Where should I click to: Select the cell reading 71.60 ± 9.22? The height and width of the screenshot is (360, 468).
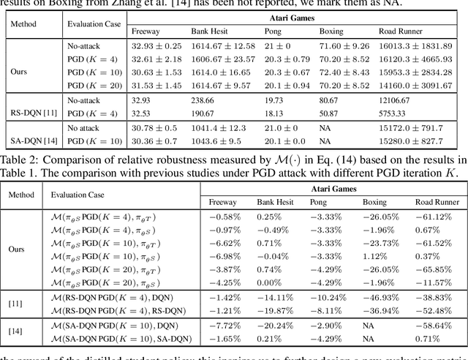pyautogui.click(x=341, y=45)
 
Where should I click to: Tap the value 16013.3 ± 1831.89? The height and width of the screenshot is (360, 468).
pyautogui.click(x=415, y=45)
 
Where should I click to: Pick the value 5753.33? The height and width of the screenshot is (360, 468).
pyautogui.click(x=394, y=113)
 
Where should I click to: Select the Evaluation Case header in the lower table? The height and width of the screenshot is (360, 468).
pyautogui.click(x=77, y=195)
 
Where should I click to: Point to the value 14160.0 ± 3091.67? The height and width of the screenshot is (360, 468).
pyautogui.click(x=415, y=86)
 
